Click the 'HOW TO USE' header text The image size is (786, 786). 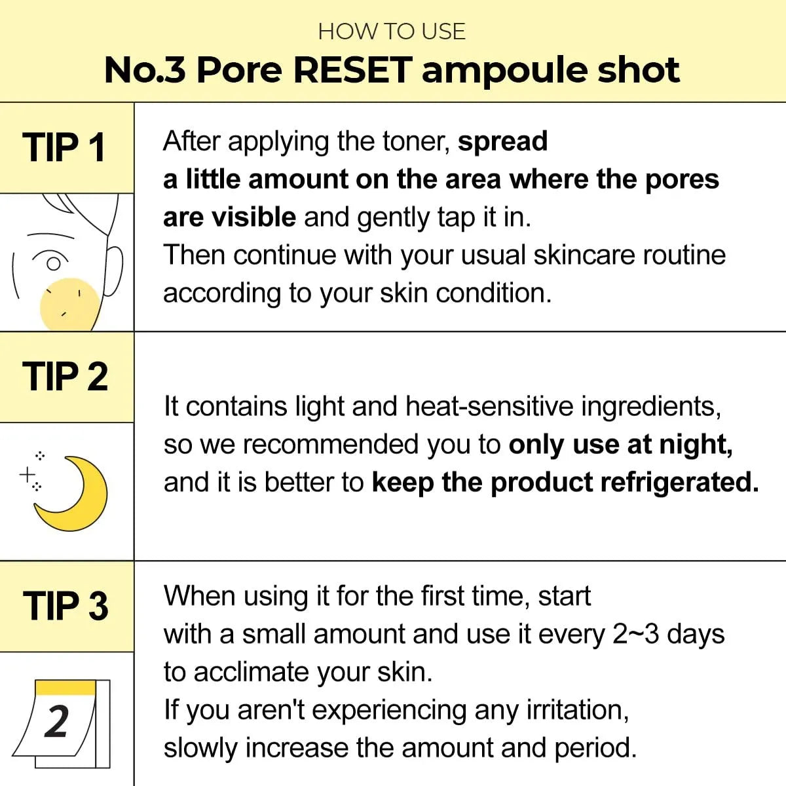[x=392, y=31]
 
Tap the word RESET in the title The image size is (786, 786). [x=352, y=69]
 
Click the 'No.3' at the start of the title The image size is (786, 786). [x=145, y=69]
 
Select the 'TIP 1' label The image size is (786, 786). [x=64, y=147]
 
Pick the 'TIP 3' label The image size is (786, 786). [x=65, y=606]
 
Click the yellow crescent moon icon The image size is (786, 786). [x=75, y=495]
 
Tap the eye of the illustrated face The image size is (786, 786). [x=53, y=263]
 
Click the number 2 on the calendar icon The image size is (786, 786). [x=57, y=722]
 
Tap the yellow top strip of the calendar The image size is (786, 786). [x=65, y=687]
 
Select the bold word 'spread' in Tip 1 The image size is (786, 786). [x=502, y=141]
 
